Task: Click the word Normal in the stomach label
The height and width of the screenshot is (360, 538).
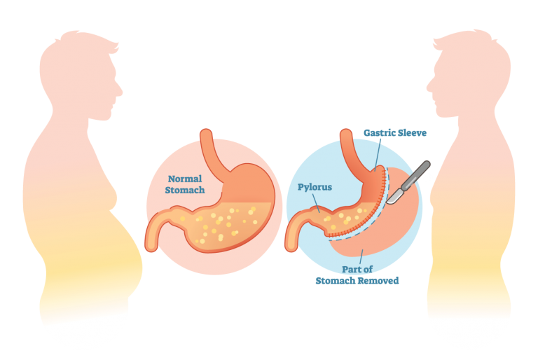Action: [185, 179]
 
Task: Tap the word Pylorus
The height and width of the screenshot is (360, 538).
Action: [315, 188]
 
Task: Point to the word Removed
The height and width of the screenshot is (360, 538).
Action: [378, 281]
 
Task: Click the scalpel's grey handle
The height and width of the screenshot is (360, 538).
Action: [416, 176]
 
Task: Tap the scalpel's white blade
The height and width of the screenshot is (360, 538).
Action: [394, 197]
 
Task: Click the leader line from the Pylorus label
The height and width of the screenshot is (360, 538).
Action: [316, 203]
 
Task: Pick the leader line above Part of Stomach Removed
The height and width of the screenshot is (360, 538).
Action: [361, 257]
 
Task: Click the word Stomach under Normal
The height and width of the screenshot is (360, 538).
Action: [185, 190]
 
